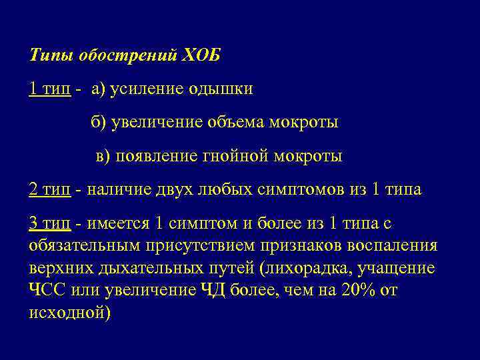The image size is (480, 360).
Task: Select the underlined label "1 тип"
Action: click(50, 89)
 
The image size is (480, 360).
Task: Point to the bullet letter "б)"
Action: click(99, 123)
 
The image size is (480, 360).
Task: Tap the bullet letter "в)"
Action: click(103, 156)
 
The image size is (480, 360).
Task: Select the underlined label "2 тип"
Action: click(50, 189)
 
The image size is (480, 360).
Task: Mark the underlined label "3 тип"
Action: click(50, 223)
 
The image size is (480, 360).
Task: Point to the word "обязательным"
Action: click(85, 245)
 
